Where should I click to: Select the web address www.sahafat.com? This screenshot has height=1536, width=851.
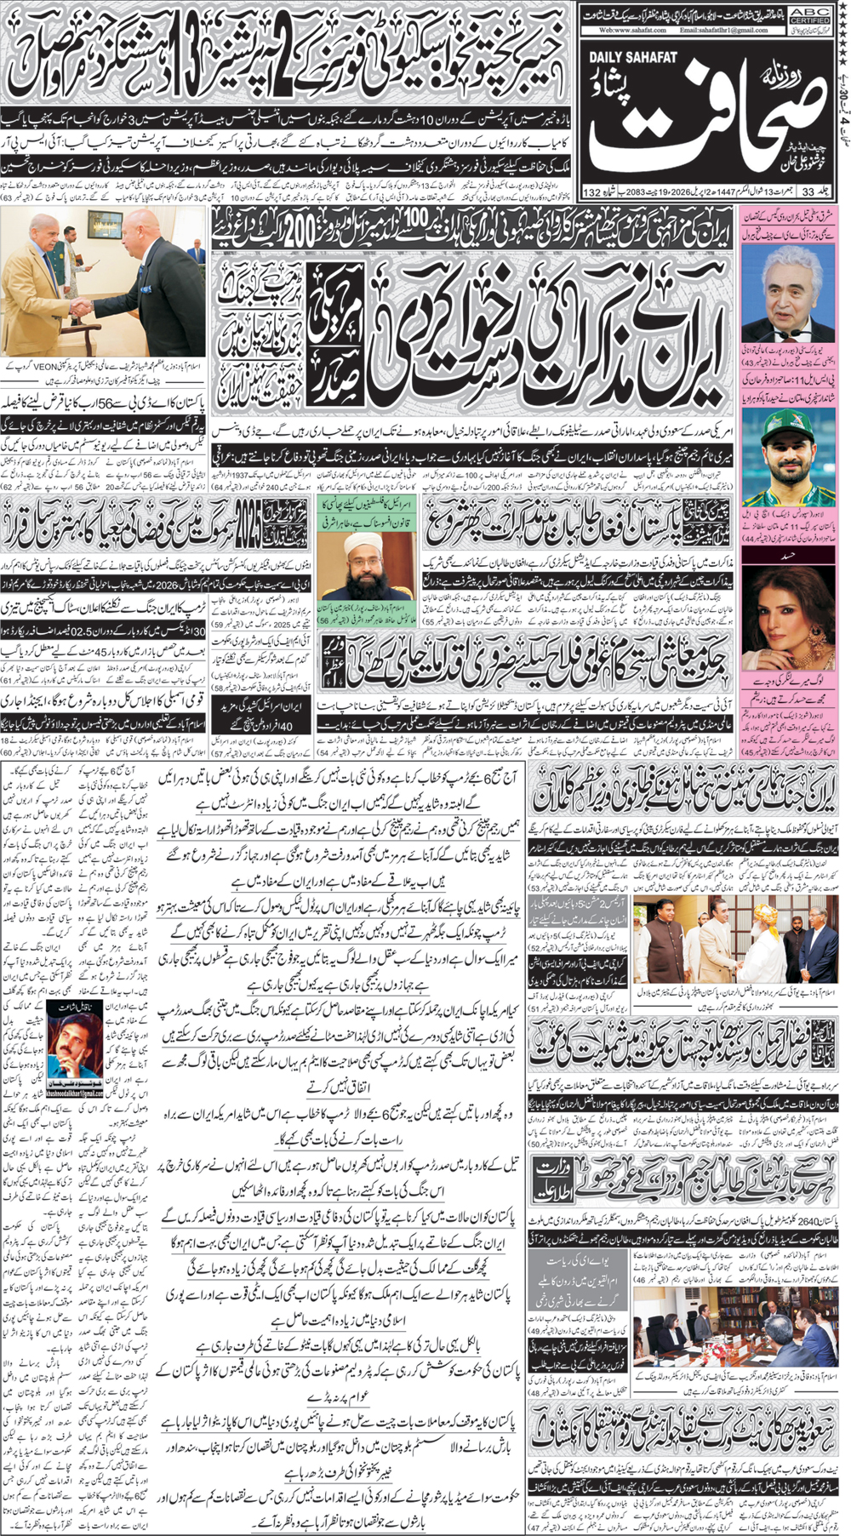click(x=628, y=30)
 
